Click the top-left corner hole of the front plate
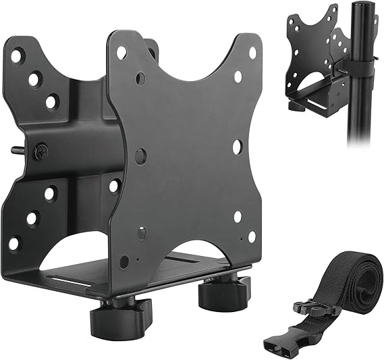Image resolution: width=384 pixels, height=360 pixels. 121,51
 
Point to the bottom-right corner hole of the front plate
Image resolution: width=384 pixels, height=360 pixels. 251,236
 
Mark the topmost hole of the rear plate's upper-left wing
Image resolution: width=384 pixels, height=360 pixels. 16,56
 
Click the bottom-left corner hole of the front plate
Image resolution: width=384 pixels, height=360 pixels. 124,261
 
